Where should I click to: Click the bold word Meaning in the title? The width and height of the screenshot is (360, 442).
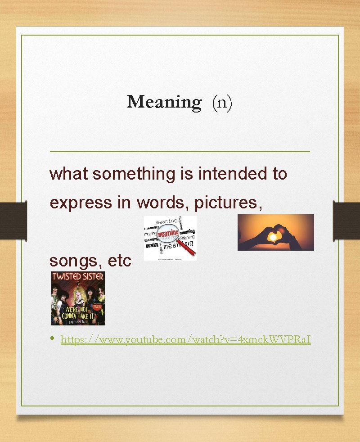pyautogui.click(x=164, y=102)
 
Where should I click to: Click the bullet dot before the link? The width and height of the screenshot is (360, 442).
pyautogui.click(x=53, y=338)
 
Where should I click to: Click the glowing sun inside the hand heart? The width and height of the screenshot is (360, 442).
pyautogui.click(x=274, y=234)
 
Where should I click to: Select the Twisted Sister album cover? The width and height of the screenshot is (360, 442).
pyautogui.click(x=78, y=298)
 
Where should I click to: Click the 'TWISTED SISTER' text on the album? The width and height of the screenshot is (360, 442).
pyautogui.click(x=78, y=276)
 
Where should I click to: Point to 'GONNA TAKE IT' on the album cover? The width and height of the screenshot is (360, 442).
pyautogui.click(x=79, y=316)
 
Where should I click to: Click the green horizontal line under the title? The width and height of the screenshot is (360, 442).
pyautogui.click(x=180, y=152)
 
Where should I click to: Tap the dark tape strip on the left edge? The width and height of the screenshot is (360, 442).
pyautogui.click(x=8, y=220)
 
